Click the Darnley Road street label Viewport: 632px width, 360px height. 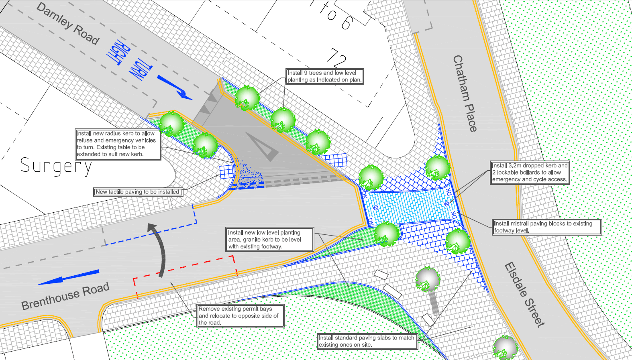tap(67, 23)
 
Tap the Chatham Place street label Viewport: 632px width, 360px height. tap(465, 93)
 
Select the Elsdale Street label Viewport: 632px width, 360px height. tap(524, 294)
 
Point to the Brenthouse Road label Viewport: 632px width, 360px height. tap(65, 296)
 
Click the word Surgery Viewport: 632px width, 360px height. tap(56, 166)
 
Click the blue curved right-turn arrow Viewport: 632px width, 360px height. tap(175, 87)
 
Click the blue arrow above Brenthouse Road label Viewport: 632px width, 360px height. tap(69, 277)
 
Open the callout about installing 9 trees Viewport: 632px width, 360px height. tap(324, 76)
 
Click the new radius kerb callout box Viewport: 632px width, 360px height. tap(118, 144)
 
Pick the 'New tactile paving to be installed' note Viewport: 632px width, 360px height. tap(138, 192)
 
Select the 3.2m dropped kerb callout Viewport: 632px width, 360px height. tap(530, 173)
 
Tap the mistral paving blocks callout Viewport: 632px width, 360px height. tap(547, 227)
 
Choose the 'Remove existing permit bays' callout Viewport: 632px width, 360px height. tap(241, 315)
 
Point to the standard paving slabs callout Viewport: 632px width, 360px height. tap(367, 341)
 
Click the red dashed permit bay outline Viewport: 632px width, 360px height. tap(185, 271)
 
